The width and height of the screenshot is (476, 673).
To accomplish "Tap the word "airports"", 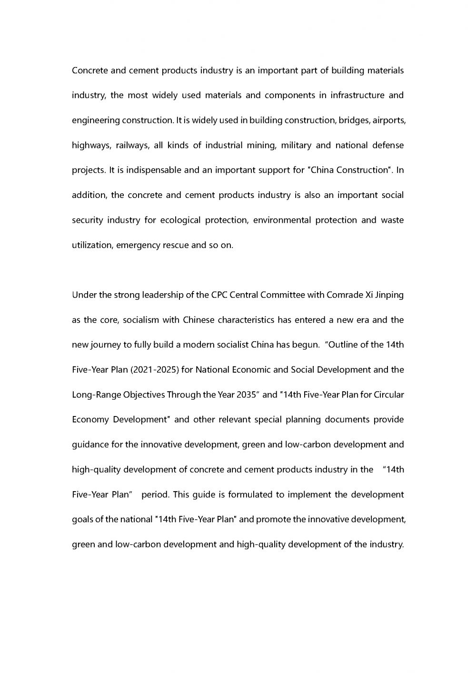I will [388, 120].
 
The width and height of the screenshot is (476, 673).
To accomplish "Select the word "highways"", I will [91, 146].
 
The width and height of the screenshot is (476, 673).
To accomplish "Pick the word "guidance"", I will [90, 445].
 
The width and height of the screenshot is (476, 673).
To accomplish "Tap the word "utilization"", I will [92, 246].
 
